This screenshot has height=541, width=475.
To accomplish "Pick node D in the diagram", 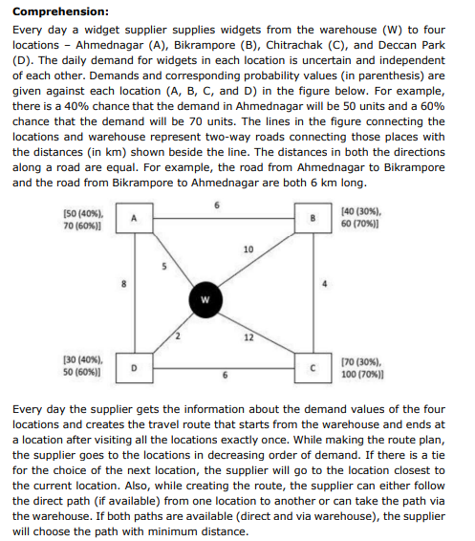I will pyautogui.click(x=134, y=365).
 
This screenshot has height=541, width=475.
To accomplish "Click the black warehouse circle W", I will pyautogui.click(x=204, y=297).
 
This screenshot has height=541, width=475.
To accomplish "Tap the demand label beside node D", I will pyautogui.click(x=83, y=365).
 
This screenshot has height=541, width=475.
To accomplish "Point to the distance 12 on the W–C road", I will pyautogui.click(x=248, y=337).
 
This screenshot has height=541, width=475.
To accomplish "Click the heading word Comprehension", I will pyautogui.click(x=59, y=12).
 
